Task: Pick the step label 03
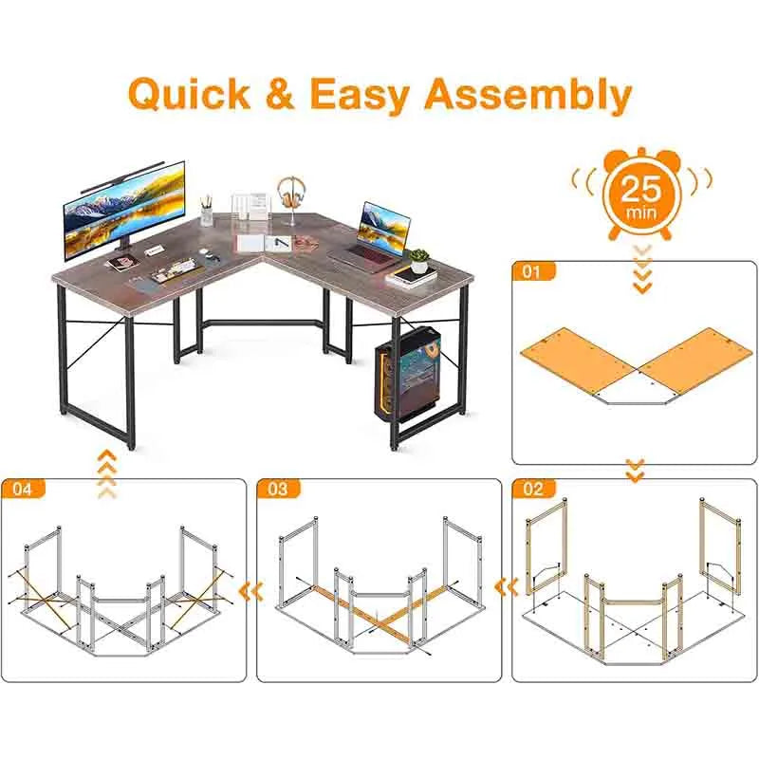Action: [279, 490]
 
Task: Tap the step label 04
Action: [23, 490]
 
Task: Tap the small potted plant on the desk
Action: [418, 259]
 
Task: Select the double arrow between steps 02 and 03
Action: [508, 588]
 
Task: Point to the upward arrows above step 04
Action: [107, 474]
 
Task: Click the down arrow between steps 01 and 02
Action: [636, 469]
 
